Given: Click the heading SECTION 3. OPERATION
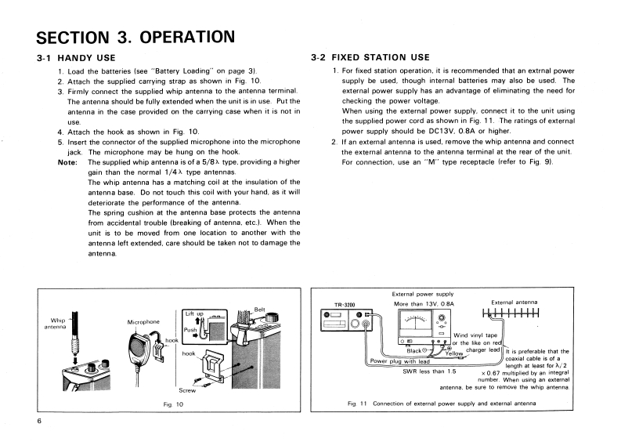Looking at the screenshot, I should pyautogui.click(x=135, y=37).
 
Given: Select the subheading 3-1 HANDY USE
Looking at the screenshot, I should pyautogui.click(x=76, y=58).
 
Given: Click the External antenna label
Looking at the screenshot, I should pyautogui.click(x=514, y=302).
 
